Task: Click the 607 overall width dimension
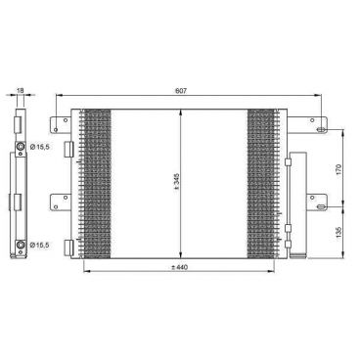pos(181,91)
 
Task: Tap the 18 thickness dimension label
pos(21,90)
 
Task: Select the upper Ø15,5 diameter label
pos(39,147)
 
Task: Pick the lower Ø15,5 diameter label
pos(39,245)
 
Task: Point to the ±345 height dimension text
pos(176,181)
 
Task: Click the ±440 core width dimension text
pos(180,267)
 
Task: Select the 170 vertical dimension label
pos(338,169)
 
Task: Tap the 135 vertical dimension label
pos(338,232)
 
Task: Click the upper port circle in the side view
pos(21,146)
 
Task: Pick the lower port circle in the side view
pos(21,245)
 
